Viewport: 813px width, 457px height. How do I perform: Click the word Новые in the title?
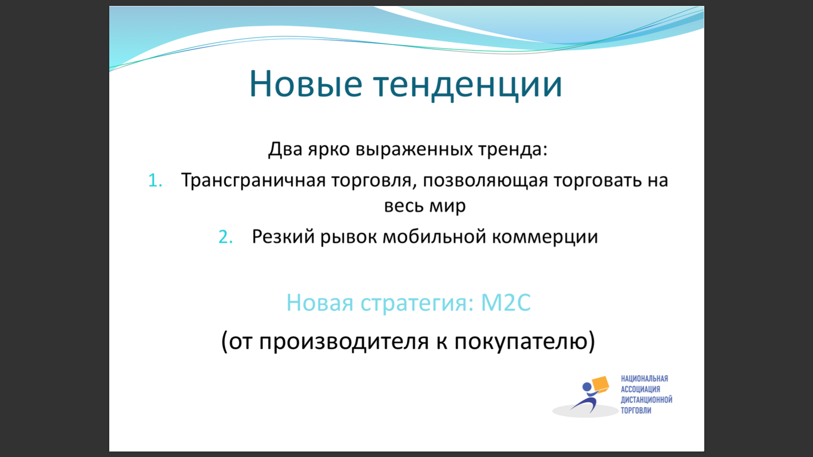[x=306, y=84]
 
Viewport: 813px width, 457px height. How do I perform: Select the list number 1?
[x=155, y=181]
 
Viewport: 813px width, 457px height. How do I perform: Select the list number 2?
[x=226, y=237]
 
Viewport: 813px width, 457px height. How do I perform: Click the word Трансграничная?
[x=253, y=181]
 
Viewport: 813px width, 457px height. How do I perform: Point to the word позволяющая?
[x=485, y=181]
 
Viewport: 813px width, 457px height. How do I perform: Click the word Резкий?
[x=283, y=237]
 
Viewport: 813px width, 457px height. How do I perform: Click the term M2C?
[x=506, y=303]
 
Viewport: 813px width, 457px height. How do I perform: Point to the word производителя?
[x=344, y=342]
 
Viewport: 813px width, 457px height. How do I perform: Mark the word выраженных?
[x=414, y=150]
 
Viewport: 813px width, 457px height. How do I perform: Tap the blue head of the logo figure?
[x=587, y=387]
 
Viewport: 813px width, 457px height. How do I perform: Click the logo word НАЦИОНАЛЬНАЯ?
[x=644, y=379]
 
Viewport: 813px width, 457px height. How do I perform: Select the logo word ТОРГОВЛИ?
[x=636, y=410]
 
